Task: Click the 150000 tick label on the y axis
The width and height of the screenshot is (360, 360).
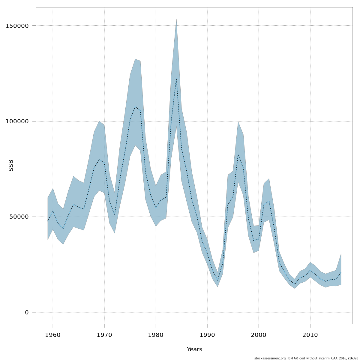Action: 17,26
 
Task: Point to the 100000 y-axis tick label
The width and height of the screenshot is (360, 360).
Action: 17,121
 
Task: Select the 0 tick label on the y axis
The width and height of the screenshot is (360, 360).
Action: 27,312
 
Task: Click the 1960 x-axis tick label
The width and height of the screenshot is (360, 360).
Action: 53,335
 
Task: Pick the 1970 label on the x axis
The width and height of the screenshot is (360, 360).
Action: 104,335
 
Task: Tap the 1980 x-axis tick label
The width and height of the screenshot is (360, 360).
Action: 156,335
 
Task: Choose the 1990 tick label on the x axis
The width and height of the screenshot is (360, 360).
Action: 207,335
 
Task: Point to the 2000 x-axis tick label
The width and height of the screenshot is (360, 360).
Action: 259,335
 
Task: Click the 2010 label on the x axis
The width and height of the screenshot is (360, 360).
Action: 310,335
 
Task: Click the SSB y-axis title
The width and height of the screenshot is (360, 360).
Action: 11,166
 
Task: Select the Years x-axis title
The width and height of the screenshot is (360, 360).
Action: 194,349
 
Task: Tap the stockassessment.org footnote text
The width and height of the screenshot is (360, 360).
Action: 306,358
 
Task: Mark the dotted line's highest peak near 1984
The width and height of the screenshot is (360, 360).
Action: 176,79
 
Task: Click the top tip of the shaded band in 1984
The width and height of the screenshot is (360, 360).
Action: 176,19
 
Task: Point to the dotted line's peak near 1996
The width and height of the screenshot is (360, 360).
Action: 238,154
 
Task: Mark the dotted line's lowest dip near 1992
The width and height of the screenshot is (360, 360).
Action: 217,281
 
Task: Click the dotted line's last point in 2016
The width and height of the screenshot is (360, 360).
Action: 341,272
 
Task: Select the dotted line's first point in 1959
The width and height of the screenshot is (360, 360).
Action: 48,221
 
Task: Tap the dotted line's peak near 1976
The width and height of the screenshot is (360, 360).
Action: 135,106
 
